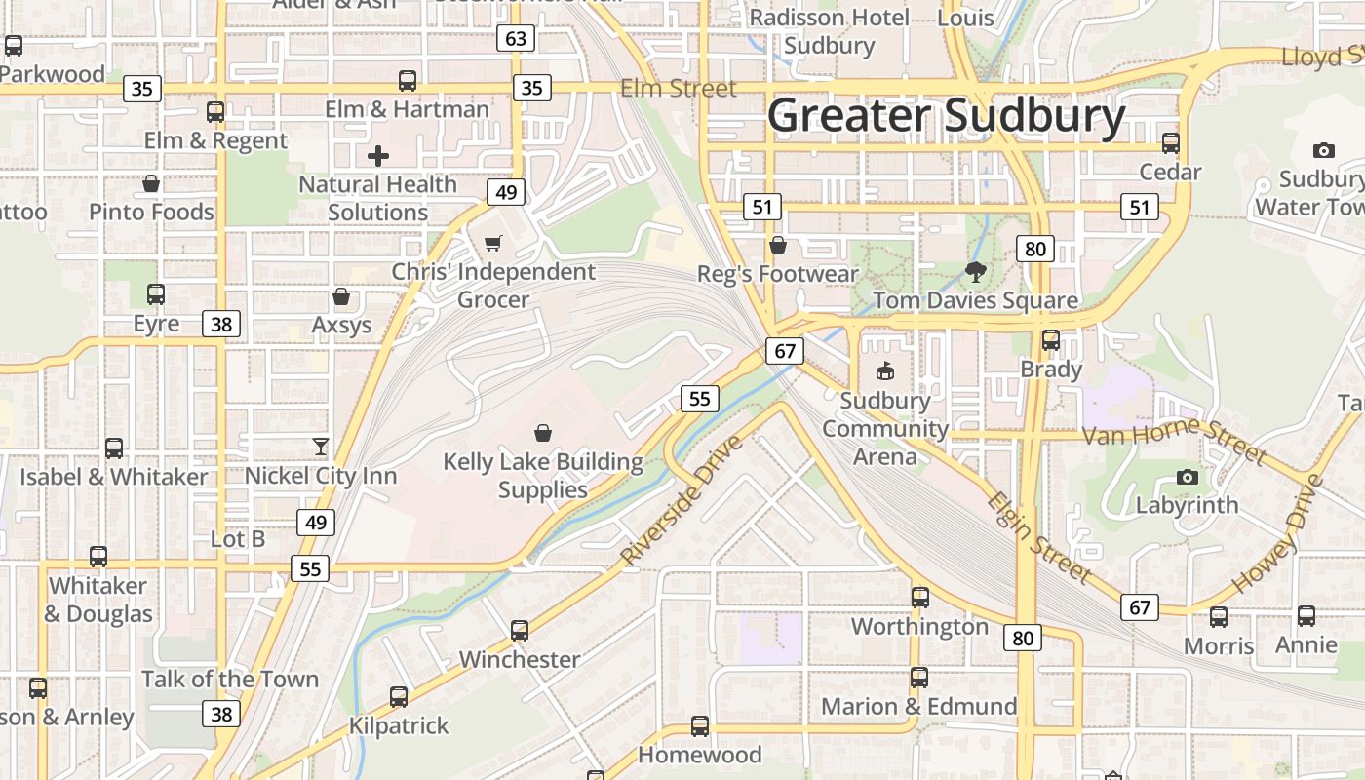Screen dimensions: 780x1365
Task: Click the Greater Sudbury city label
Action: point(946,116)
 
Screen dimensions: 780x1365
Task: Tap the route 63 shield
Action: point(516,39)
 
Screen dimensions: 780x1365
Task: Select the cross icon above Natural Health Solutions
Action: point(378,155)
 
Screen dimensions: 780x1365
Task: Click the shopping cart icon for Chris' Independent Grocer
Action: point(493,243)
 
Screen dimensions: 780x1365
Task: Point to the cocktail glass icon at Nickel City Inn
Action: point(321,447)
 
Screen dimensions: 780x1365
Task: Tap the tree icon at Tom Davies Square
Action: point(975,271)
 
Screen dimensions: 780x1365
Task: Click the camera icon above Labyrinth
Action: point(1187,477)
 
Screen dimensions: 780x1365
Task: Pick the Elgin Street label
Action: point(1038,538)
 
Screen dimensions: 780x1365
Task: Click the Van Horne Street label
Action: point(1175,436)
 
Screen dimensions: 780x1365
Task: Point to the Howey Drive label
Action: point(1277,534)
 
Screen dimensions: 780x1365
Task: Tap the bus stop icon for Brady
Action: point(1051,340)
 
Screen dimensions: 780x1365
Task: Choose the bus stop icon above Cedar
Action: point(1171,143)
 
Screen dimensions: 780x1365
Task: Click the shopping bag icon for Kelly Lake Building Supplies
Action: point(543,432)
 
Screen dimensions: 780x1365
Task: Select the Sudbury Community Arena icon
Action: point(885,370)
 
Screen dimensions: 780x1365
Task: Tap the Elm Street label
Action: point(679,88)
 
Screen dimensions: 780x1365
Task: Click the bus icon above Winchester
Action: point(520,631)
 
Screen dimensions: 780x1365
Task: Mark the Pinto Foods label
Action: point(151,212)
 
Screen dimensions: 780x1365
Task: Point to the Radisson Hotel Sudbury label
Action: point(829,31)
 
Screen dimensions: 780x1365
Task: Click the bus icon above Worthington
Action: point(920,598)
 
